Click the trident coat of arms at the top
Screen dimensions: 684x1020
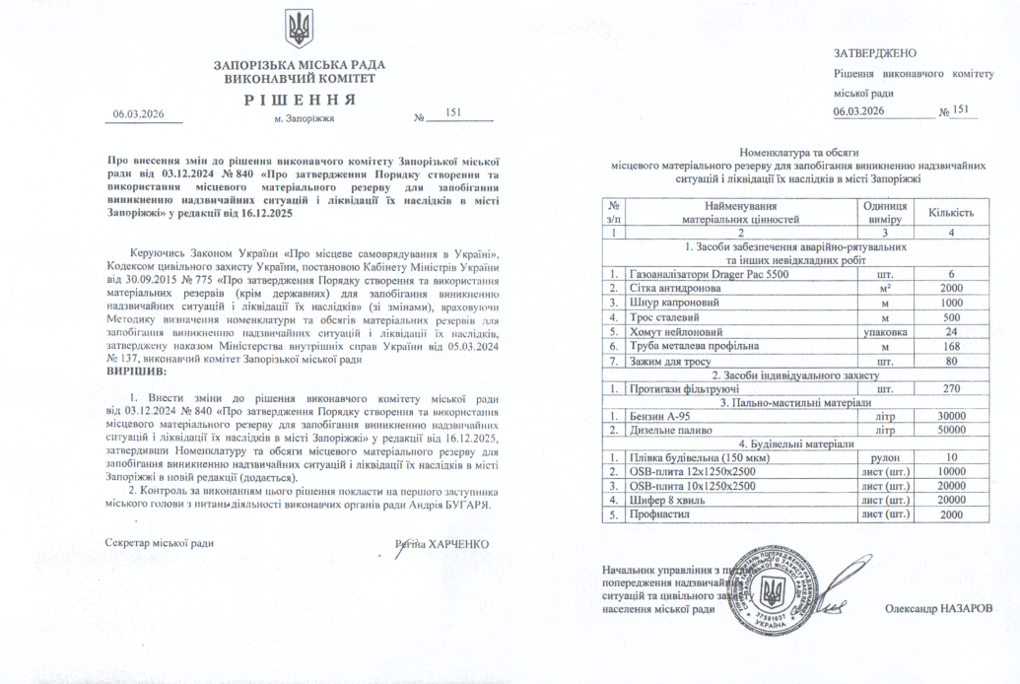[x=299, y=29]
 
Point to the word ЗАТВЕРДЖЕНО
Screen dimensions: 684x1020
[x=875, y=52]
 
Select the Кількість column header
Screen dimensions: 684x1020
[x=951, y=213]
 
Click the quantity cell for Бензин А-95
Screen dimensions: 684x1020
[x=951, y=416]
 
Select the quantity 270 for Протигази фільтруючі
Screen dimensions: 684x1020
[x=951, y=388]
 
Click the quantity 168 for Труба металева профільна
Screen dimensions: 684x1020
[x=951, y=346]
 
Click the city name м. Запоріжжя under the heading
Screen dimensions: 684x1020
[x=305, y=118]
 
